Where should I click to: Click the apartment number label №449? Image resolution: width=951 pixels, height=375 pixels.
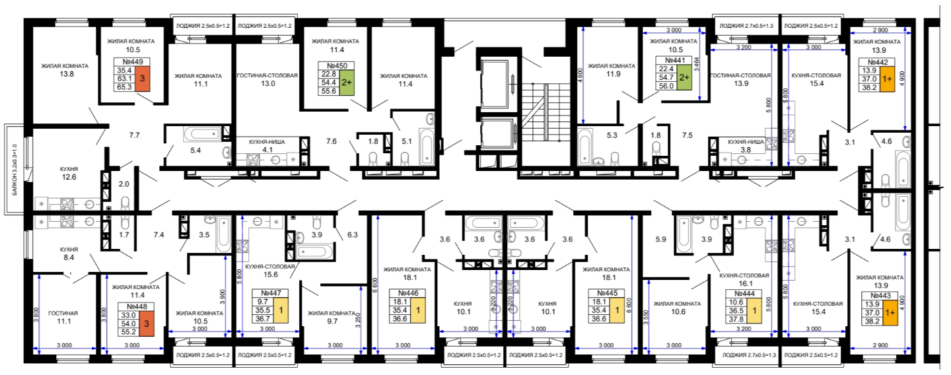point(133,62)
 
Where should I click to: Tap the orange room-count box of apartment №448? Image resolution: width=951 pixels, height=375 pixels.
point(147,324)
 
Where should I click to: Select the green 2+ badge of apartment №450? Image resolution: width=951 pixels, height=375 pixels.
point(347,83)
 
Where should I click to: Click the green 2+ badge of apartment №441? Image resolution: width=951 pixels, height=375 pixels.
point(684,77)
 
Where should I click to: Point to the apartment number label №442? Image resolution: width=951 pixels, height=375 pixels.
point(878,62)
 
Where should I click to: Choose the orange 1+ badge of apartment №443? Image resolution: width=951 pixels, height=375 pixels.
point(890,313)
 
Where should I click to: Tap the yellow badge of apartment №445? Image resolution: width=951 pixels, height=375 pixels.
point(617,310)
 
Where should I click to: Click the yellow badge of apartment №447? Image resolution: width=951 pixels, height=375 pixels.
point(281,310)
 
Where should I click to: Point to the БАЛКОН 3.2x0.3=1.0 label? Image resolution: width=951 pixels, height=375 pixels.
point(15,170)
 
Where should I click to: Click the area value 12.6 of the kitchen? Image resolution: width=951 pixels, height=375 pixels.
point(69,177)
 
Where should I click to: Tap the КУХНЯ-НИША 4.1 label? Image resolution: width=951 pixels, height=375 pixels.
point(267,145)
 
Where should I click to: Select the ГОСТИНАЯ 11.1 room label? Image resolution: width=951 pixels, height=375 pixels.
point(63,318)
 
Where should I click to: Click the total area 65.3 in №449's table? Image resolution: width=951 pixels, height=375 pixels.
point(124,87)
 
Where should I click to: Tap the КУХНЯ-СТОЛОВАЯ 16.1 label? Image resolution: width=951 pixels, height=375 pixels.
point(744,279)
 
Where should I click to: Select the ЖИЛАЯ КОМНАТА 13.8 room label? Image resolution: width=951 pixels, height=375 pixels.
point(65,70)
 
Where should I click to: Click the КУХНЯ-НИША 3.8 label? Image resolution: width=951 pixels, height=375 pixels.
point(746,145)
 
